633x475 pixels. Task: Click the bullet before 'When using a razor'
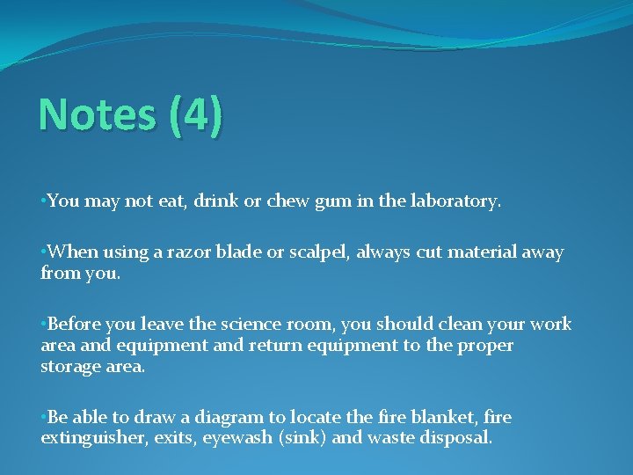click(43, 252)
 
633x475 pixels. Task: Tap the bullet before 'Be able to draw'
click(43, 417)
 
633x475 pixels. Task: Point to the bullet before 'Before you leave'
click(43, 325)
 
